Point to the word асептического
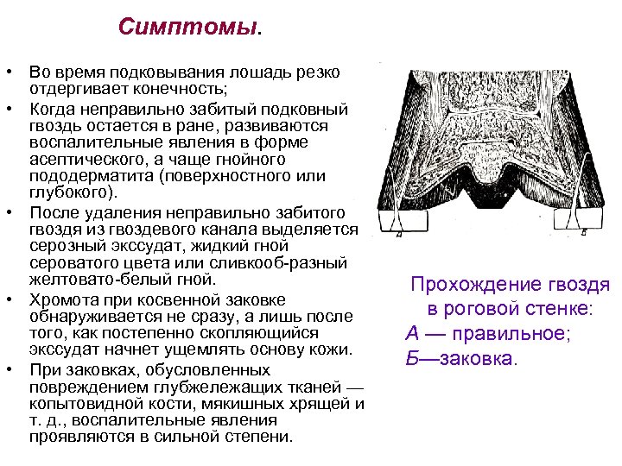click(83, 161)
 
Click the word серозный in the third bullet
click(65, 246)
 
